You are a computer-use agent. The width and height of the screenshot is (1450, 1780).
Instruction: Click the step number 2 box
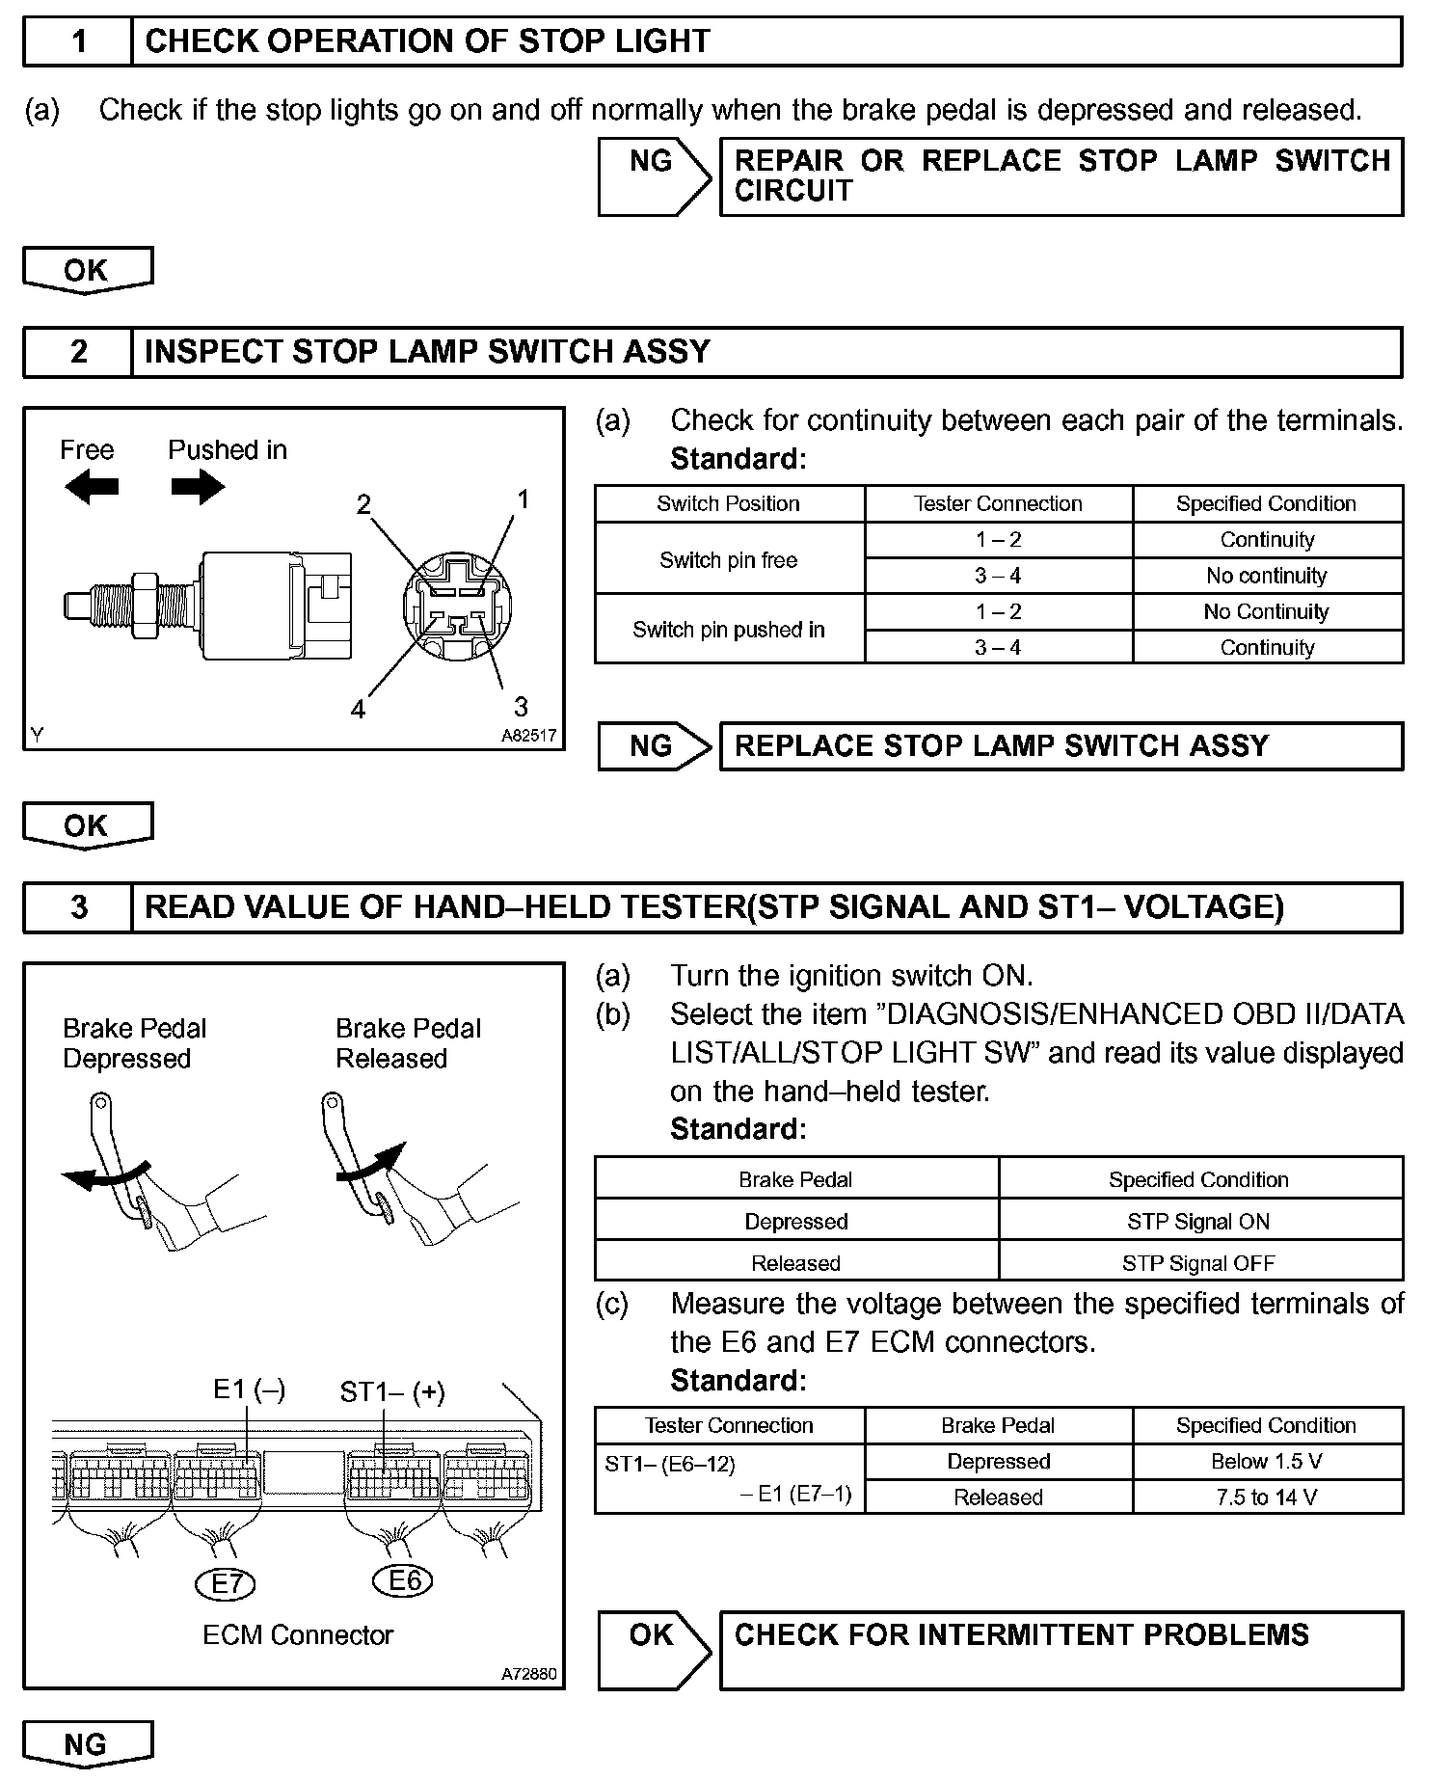tap(78, 352)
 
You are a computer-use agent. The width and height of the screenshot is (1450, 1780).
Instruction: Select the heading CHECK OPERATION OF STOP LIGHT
tap(427, 41)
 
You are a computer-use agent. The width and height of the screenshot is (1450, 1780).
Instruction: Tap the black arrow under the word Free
tap(92, 487)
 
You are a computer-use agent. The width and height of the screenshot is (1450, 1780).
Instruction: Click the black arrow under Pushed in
tap(198, 487)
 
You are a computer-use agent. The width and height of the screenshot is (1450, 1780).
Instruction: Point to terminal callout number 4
tap(359, 710)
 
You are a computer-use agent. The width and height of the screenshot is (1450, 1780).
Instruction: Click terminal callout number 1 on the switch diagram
tap(523, 499)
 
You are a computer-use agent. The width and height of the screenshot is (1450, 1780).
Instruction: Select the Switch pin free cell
tap(729, 559)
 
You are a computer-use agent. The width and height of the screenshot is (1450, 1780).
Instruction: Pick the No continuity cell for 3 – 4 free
tap(1267, 576)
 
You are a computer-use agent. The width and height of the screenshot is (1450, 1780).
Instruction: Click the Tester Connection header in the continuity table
tap(998, 503)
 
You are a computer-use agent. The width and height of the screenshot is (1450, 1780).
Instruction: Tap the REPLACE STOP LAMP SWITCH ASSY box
tap(1061, 746)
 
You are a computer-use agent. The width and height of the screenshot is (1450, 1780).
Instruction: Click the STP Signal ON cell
tap(1198, 1221)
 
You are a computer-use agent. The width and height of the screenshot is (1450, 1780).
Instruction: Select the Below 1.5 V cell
tap(1267, 1461)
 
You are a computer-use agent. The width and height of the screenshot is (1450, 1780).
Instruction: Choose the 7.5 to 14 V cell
tap(1267, 1497)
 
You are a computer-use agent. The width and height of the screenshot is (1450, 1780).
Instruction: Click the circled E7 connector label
tap(227, 1583)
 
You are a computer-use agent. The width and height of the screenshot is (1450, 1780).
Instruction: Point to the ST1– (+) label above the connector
tap(392, 1392)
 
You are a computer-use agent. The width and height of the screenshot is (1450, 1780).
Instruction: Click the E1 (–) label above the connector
tap(249, 1389)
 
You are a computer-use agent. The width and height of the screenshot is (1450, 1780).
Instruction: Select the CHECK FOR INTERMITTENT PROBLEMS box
tap(1061, 1650)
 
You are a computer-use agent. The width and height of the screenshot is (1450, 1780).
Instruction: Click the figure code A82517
tap(528, 735)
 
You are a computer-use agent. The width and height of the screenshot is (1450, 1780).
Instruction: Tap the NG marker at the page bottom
tap(87, 1744)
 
